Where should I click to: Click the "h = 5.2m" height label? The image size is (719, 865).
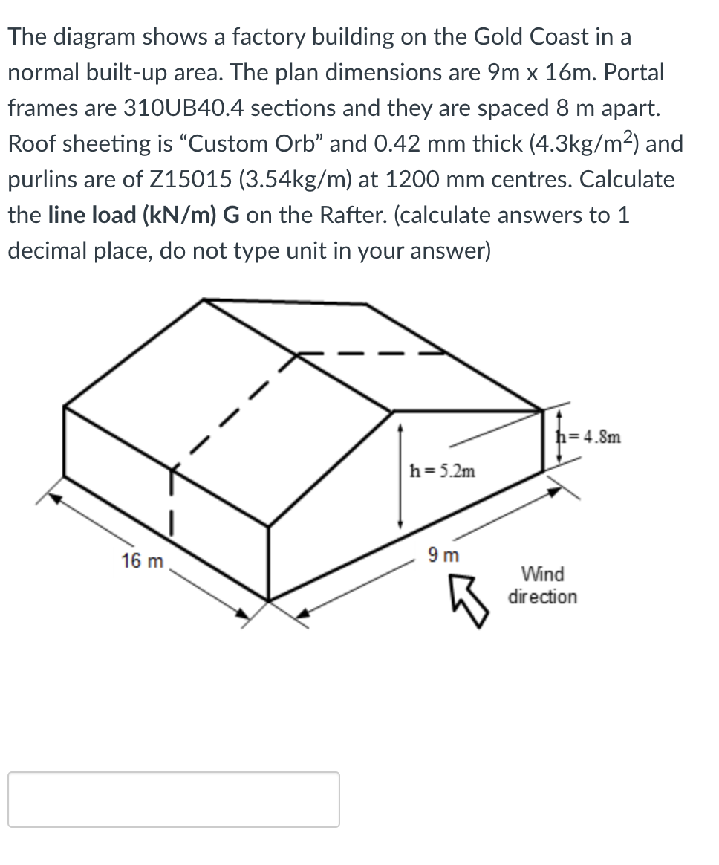pyautogui.click(x=443, y=470)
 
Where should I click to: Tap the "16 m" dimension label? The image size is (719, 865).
pyautogui.click(x=142, y=561)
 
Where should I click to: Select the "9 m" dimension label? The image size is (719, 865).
pyautogui.click(x=444, y=554)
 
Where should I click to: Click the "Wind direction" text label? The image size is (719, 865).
pyautogui.click(x=542, y=586)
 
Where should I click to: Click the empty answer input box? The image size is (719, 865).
pyautogui.click(x=174, y=800)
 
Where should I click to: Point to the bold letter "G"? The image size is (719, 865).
pyautogui.click(x=230, y=216)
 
